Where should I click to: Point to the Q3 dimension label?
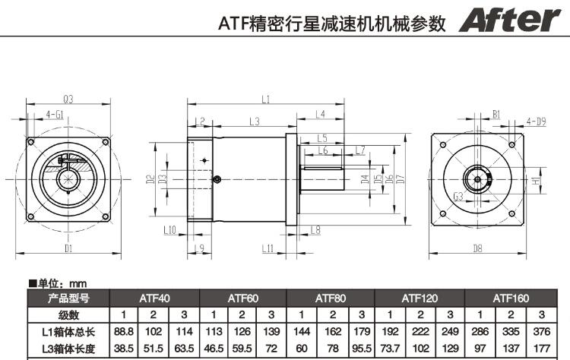pos(68,99)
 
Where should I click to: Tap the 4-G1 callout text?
pos(55,114)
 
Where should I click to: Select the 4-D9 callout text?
pos(536,121)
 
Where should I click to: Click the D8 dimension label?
pos(477,248)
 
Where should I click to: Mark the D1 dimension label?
pos(68,248)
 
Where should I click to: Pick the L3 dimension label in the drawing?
pos(254,121)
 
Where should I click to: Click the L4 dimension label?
pos(320,114)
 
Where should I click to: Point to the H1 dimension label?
pos(536,182)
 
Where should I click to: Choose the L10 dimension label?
pos(169,229)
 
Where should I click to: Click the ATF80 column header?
pos(331,298)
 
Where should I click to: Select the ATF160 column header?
pos(511,298)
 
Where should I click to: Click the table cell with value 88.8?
pos(123,330)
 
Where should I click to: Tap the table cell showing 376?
pos(541,330)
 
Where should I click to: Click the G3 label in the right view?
pos(458,197)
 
